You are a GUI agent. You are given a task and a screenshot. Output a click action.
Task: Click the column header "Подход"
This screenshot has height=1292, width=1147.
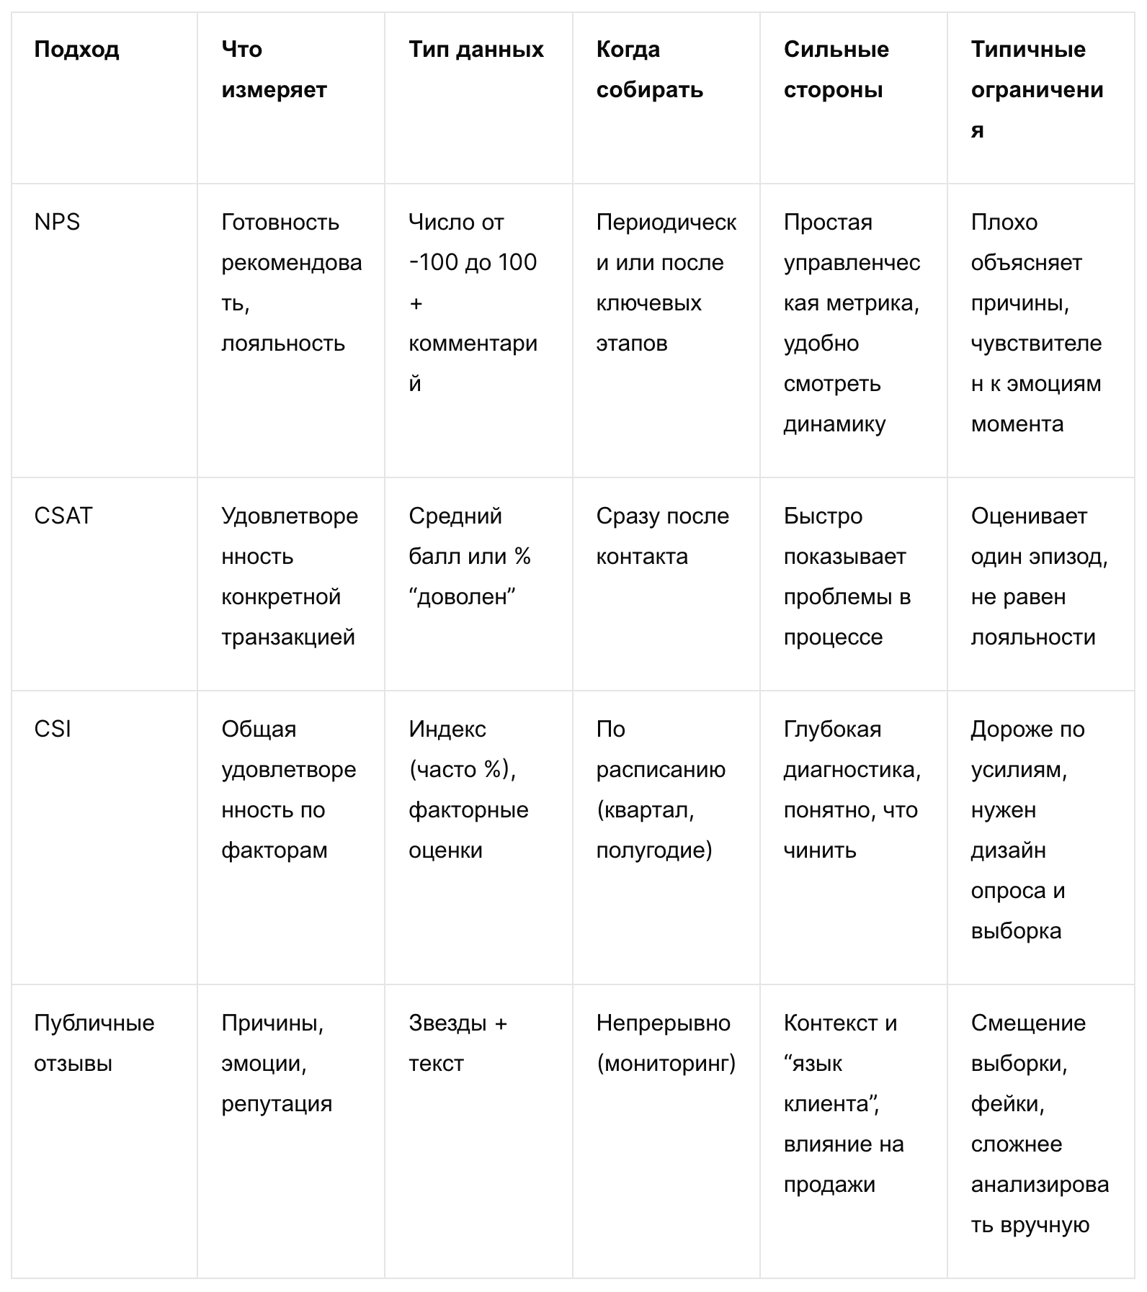pos(76,50)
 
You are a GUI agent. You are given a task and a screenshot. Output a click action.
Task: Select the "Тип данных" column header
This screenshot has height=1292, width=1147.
pos(476,50)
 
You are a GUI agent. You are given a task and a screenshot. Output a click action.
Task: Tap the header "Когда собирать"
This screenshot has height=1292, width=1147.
pos(649,70)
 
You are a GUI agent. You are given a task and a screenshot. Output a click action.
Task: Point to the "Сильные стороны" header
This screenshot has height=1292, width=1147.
pos(836,70)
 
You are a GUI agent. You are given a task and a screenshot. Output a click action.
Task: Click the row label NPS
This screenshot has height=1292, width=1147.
pos(57,223)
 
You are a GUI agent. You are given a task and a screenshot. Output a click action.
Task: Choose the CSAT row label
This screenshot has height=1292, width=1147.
pos(63,516)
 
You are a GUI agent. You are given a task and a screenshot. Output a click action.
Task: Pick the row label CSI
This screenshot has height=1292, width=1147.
pos(53,730)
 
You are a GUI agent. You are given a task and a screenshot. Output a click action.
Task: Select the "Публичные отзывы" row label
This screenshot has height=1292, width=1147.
pos(94,1044)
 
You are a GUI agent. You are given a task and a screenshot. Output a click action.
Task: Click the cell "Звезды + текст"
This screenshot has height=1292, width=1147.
pos(458,1044)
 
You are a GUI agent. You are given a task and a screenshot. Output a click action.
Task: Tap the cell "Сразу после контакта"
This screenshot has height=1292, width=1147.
pos(662,537)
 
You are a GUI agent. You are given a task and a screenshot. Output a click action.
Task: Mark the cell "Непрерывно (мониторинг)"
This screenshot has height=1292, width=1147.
pos(666,1044)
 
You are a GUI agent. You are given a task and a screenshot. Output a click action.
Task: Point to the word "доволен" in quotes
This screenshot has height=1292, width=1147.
pos(463,597)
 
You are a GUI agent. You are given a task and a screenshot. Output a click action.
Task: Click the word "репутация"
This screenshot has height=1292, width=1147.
pos(277,1104)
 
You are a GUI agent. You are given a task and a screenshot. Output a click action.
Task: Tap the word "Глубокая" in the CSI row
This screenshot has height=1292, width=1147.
pos(832,730)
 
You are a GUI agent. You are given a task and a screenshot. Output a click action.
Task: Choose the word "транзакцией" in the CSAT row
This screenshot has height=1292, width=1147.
pos(288,637)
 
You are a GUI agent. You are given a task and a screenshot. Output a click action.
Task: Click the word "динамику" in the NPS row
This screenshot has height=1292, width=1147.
pos(834,424)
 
